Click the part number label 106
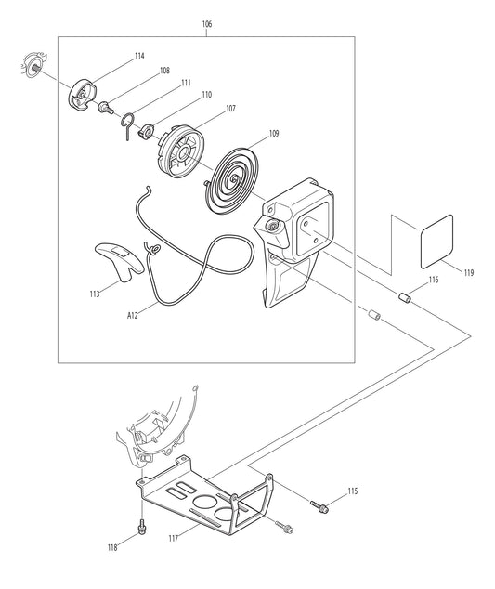205,24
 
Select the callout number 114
139,56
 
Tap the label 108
164,71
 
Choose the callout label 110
206,95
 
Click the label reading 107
229,109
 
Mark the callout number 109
274,134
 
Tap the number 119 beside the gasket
468,273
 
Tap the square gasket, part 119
436,240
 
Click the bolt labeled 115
322,507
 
